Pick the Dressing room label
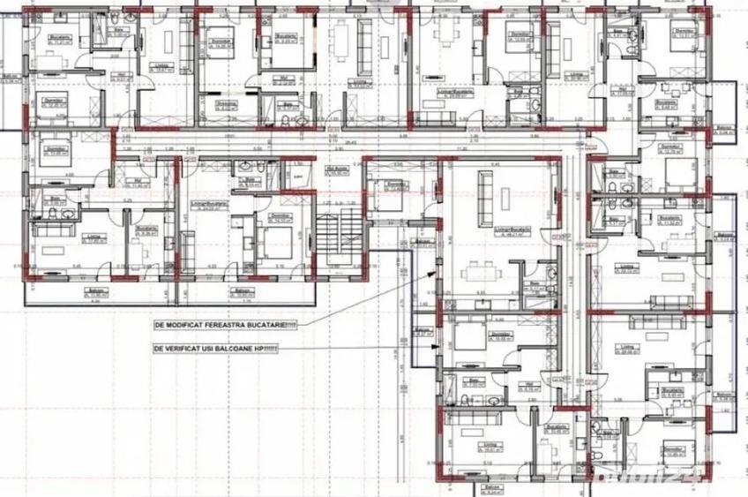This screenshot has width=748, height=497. [225, 104]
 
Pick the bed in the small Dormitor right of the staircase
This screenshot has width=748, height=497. [385, 195]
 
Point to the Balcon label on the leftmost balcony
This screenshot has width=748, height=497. [10, 76]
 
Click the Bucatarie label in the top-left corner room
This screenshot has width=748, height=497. [59, 36]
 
